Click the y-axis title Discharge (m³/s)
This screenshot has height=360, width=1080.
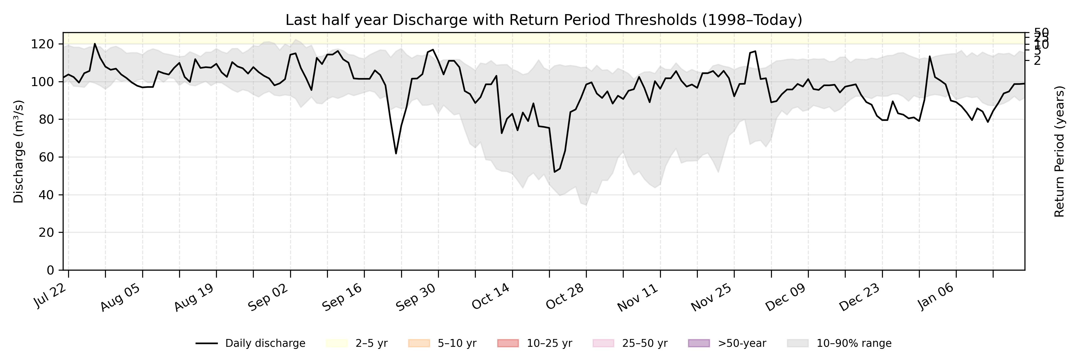[x=18, y=151]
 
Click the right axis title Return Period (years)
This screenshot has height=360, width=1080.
[x=1060, y=151]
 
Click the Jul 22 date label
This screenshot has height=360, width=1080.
[x=51, y=296]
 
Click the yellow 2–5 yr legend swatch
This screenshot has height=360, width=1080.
[x=337, y=343]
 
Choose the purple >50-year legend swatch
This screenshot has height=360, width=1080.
[x=699, y=343]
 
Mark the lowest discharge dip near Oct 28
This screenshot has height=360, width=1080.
[x=555, y=172]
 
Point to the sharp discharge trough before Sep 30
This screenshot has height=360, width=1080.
[x=396, y=153]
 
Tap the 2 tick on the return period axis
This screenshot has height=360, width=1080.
[x=1037, y=61]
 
